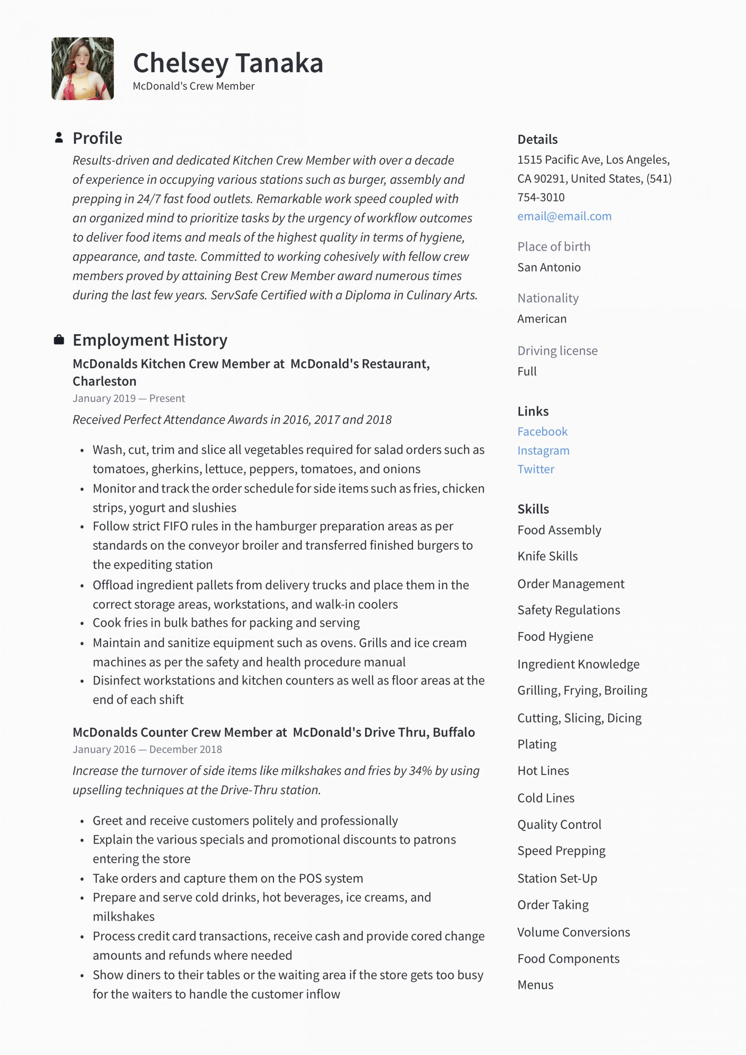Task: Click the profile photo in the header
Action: tap(83, 68)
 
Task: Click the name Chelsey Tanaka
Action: tap(228, 63)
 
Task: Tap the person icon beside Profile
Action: tap(59, 138)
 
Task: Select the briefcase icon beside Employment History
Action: tap(59, 340)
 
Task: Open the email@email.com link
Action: tap(564, 216)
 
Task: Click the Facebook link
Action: tap(542, 431)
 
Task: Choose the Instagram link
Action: tap(543, 450)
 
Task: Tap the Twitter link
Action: tap(536, 469)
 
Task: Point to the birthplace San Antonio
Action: tap(549, 267)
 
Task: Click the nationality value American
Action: tap(542, 319)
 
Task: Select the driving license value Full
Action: tap(527, 371)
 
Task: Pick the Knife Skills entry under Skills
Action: tap(547, 556)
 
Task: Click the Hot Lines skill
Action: tap(543, 771)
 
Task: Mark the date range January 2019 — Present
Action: tap(129, 399)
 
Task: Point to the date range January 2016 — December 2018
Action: tap(147, 750)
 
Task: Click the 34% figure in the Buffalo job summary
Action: tap(420, 771)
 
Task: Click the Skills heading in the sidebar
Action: tap(533, 509)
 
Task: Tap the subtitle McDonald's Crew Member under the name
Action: tap(194, 87)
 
